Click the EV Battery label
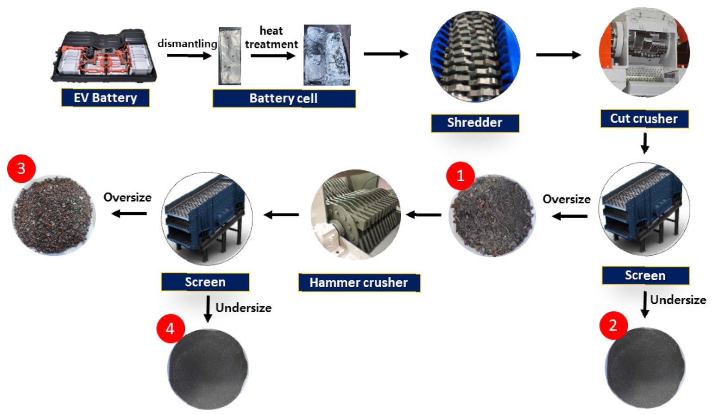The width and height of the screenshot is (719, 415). [105, 98]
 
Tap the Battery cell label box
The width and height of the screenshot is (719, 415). [284, 98]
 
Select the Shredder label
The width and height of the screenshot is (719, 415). [474, 123]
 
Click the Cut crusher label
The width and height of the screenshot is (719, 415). [644, 119]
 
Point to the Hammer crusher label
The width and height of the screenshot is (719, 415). [359, 283]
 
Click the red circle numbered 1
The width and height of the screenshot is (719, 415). [460, 176]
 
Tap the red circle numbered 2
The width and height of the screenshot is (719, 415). [613, 325]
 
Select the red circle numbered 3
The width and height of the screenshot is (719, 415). [21, 168]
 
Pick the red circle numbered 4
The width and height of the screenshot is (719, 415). [170, 328]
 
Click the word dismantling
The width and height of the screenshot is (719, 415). [187, 44]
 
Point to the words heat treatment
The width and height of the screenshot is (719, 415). [271, 38]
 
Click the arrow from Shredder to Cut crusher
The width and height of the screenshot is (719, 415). [558, 55]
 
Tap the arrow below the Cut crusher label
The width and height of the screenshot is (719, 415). [644, 143]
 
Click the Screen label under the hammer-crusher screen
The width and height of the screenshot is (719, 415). [205, 282]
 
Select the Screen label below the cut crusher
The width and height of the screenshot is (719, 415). [645, 276]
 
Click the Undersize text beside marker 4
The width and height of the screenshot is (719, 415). [243, 308]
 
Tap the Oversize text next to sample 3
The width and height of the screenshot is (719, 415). [127, 198]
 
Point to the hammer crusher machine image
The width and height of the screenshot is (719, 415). [356, 214]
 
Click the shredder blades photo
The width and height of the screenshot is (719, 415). [475, 56]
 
